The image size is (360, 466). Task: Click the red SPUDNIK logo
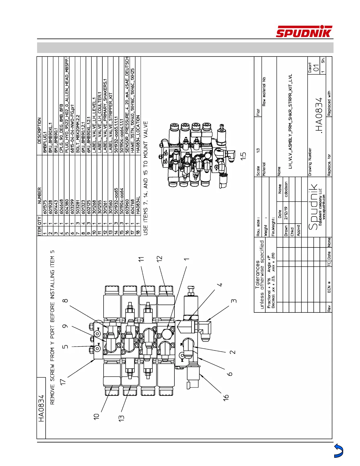pyautogui.click(x=304, y=32)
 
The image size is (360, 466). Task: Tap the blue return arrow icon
pyautogui.click(x=339, y=451)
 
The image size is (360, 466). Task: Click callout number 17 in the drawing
pyautogui.click(x=62, y=381)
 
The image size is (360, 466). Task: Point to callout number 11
pyautogui.click(x=141, y=259)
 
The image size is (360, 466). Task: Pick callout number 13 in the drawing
pyautogui.click(x=121, y=417)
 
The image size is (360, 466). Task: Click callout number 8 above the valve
pyautogui.click(x=65, y=300)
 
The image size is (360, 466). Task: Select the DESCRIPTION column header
pyautogui.click(x=39, y=131)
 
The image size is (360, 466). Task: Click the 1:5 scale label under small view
pyautogui.click(x=243, y=156)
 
